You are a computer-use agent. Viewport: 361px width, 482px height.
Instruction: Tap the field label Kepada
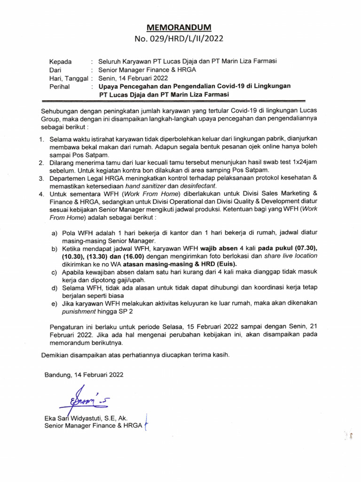[x=61, y=61]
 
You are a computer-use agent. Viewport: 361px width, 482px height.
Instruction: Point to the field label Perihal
[x=60, y=87]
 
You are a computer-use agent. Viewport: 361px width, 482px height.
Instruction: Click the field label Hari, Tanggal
[x=69, y=78]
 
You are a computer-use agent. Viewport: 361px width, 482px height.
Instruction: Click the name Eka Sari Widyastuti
[x=76, y=418]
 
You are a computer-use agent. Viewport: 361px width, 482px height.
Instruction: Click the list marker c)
[x=54, y=273]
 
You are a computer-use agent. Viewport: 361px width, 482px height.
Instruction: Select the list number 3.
[x=42, y=178]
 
